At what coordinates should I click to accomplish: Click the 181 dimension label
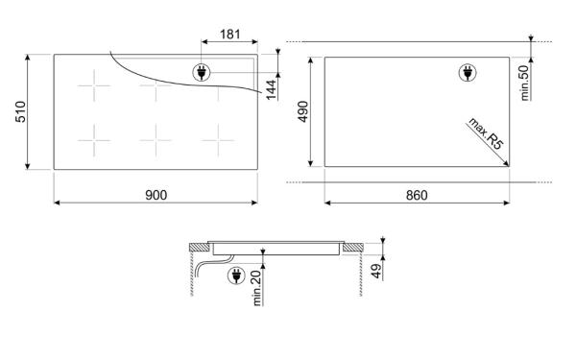click(230, 35)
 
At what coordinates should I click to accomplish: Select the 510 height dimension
click(20, 111)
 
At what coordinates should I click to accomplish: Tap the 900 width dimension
click(156, 195)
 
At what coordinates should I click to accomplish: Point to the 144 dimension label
click(271, 89)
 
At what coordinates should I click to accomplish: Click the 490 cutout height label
click(303, 111)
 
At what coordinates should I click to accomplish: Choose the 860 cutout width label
click(417, 195)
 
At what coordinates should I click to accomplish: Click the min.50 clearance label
click(524, 83)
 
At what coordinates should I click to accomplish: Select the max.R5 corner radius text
click(486, 133)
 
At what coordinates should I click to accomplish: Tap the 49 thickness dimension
click(375, 272)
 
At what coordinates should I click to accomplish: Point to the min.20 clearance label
click(256, 288)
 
